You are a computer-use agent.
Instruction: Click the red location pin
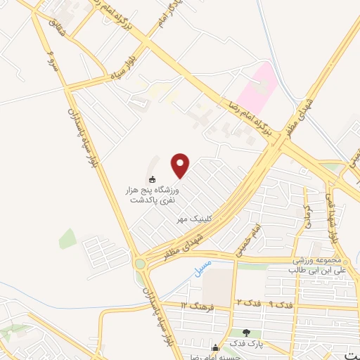point(181,165)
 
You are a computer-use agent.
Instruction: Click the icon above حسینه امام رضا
point(215,346)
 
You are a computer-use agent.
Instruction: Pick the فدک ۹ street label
point(281,305)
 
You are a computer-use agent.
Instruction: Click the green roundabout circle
point(141,264)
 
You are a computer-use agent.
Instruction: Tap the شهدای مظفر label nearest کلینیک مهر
point(181,246)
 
